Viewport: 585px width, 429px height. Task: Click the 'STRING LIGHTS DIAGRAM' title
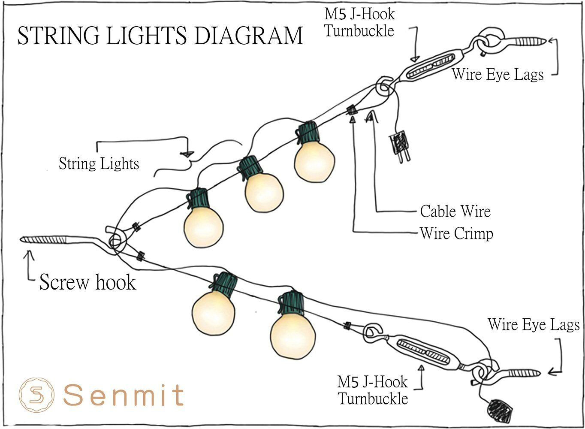[x=160, y=36]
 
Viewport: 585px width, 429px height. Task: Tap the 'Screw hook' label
[x=87, y=282]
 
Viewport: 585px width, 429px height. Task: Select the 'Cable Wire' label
[x=455, y=211]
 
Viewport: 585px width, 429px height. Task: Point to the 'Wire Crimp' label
[x=456, y=234]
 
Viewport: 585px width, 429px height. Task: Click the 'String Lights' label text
[x=99, y=164]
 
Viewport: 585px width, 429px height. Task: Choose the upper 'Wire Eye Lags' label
[x=498, y=75]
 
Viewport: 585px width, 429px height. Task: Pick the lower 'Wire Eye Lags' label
[x=534, y=324]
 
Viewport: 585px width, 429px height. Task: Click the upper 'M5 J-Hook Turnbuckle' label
[x=359, y=22]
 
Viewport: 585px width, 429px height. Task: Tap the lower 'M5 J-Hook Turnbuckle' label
[x=372, y=390]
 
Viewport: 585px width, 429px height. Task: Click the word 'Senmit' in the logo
[x=124, y=395]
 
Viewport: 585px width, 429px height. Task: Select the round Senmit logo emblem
[x=36, y=393]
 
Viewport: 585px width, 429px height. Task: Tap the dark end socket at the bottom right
[x=500, y=411]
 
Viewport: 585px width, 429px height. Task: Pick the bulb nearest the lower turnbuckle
[x=293, y=335]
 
